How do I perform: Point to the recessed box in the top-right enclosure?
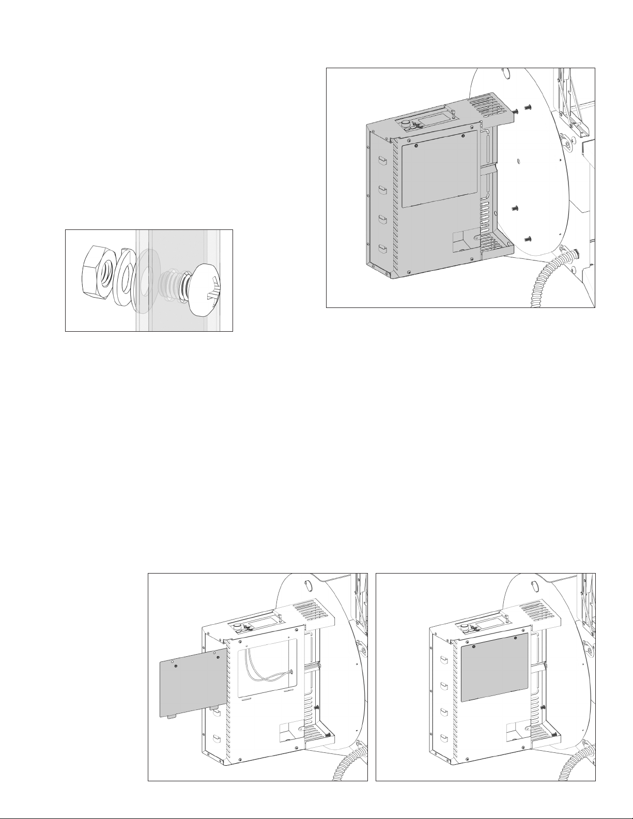pos(465,242)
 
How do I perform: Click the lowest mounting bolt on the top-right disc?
pos(528,238)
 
